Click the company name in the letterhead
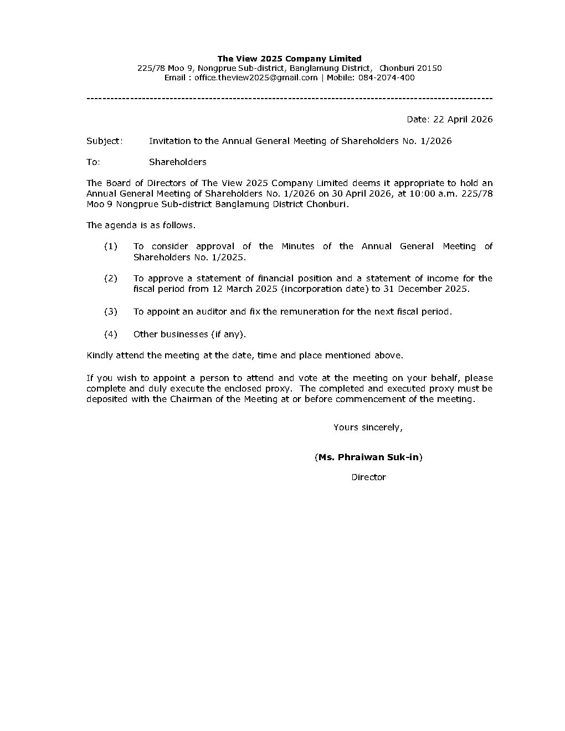289,59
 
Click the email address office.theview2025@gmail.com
256,78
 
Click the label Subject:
105,141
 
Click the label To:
93,162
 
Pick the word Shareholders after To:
177,162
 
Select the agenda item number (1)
111,246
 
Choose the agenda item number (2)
111,279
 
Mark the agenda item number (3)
111,312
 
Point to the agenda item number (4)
111,334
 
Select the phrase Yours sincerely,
368,428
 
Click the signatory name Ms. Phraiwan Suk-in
368,457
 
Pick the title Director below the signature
368,477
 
